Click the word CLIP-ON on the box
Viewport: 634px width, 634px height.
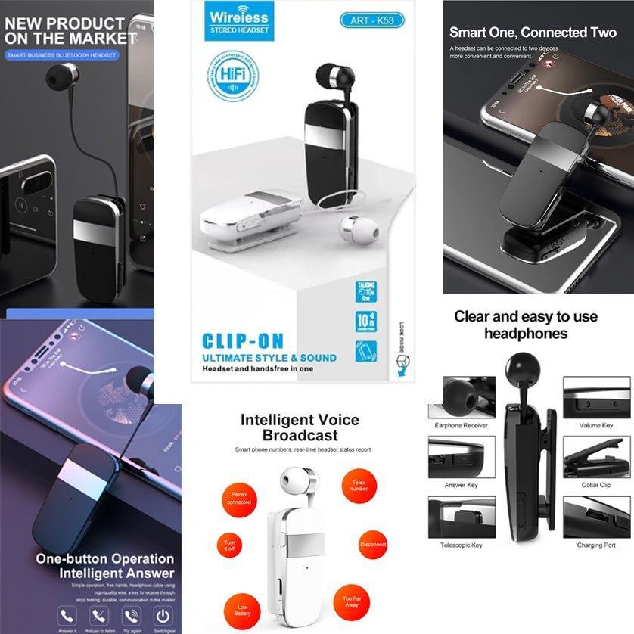[x=243, y=340]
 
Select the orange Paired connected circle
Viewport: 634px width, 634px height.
[x=238, y=497]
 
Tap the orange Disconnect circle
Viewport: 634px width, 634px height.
[x=373, y=544]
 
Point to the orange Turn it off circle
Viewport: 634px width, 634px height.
[x=228, y=546]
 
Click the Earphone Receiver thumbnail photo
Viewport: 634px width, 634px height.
[x=461, y=398]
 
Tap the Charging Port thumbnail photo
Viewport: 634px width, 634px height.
[x=596, y=517]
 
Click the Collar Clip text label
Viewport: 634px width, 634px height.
[x=596, y=485]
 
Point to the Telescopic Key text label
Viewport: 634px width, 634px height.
[x=461, y=545]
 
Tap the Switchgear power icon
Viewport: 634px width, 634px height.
[x=162, y=614]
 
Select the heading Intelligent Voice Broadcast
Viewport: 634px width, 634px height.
[x=300, y=427]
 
